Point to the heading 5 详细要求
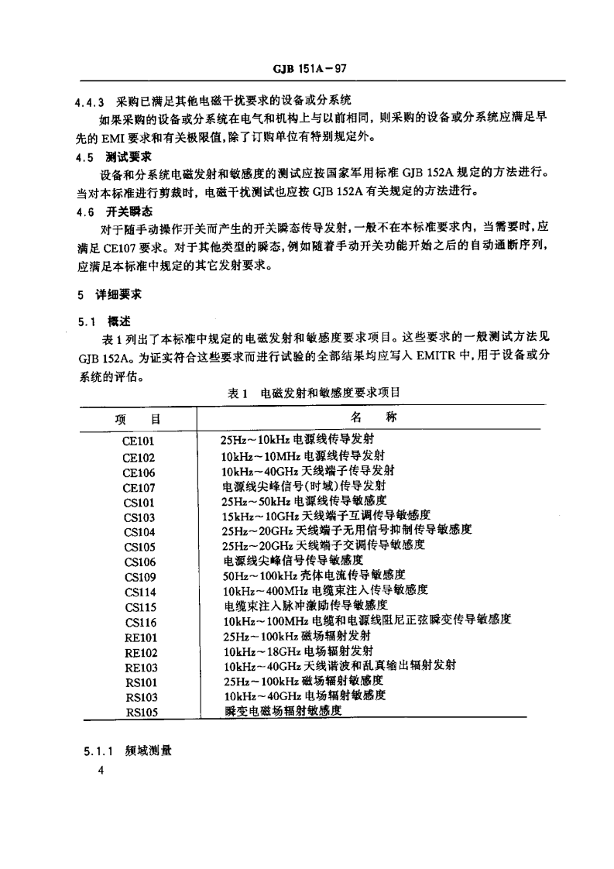(x=111, y=295)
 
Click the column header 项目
(x=136, y=420)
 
